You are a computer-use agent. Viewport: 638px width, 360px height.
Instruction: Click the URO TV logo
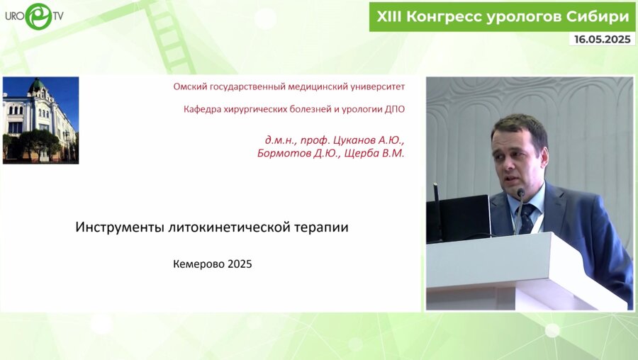(x=33, y=16)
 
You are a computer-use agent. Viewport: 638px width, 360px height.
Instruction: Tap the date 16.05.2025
(x=600, y=40)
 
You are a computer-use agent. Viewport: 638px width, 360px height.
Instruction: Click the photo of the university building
(x=40, y=120)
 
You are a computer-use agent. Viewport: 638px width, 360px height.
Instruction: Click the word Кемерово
(x=198, y=264)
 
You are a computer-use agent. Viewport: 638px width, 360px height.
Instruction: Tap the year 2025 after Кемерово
(x=240, y=264)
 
